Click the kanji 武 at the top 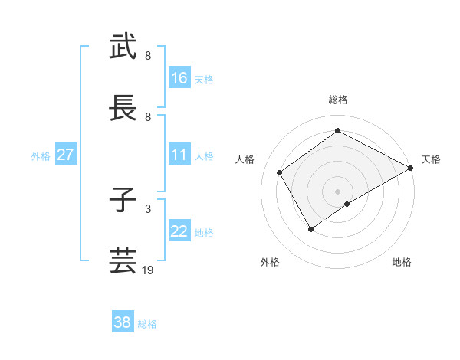coord(123,47)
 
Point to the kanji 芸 coord(123,261)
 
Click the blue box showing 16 coord(179,78)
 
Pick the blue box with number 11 coord(179,155)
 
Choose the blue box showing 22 coord(179,231)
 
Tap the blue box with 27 coord(65,155)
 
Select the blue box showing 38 coord(123,322)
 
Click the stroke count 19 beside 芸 coord(148,270)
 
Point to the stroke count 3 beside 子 coord(148,208)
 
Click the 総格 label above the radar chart coord(338,100)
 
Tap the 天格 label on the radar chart coord(431,159)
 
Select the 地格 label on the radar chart coord(402,262)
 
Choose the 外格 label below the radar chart coord(270,262)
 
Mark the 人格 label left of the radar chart coord(245,159)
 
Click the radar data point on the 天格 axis coord(410,168)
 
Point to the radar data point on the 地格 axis coord(347,204)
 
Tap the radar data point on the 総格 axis coord(338,130)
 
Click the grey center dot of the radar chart coord(338,191)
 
